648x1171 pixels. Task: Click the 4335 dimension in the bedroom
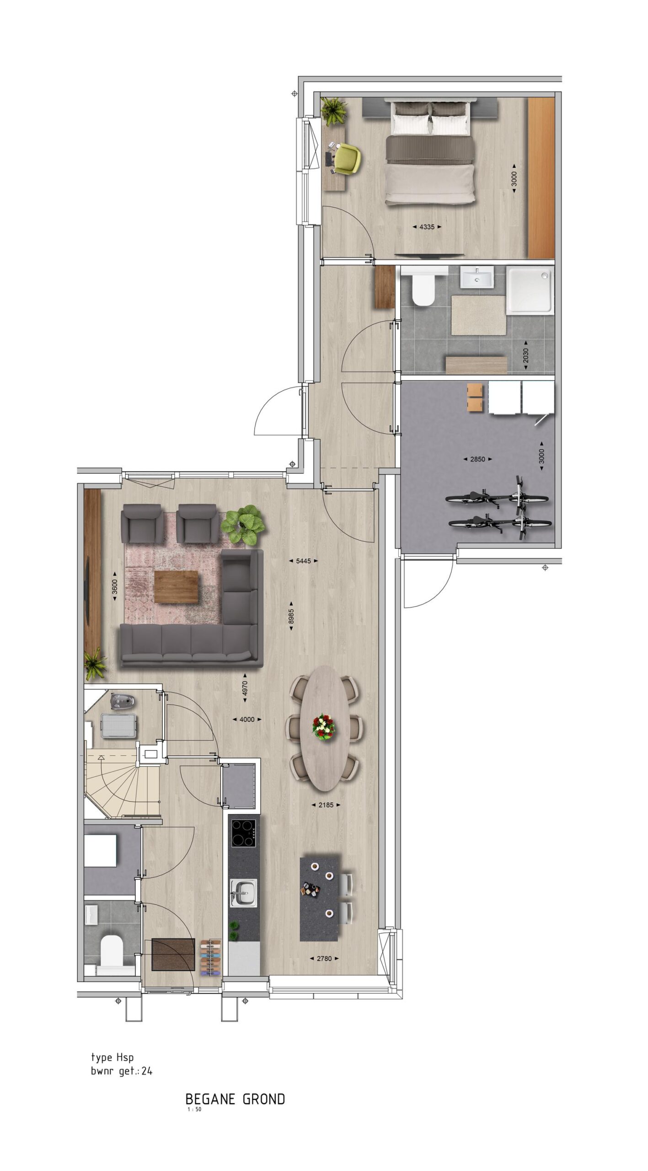(426, 226)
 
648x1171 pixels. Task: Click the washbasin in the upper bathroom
(477, 278)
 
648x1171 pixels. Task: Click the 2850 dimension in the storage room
(477, 459)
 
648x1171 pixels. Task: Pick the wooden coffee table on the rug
(176, 587)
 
